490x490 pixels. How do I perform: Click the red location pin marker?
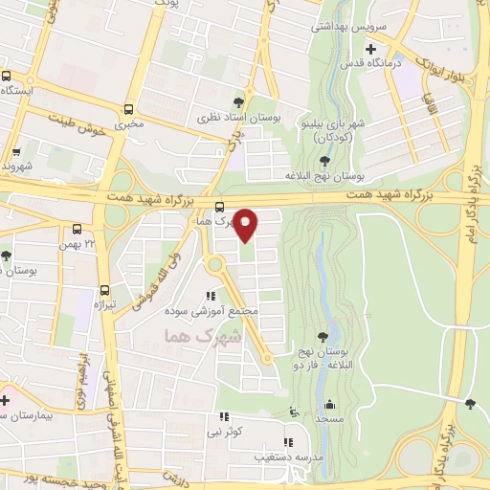[x=246, y=225]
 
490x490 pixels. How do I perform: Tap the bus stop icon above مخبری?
[x=128, y=108]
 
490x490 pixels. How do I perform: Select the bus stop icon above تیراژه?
[x=104, y=290]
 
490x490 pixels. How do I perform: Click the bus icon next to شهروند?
[x=15, y=152]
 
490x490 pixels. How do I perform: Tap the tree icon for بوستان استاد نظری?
[x=238, y=101]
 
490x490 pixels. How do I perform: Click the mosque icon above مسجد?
[x=330, y=404]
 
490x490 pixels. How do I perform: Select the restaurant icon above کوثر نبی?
[x=224, y=417]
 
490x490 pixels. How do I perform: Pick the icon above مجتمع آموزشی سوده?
[x=210, y=297]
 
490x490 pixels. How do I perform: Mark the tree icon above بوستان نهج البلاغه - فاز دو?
[x=323, y=335]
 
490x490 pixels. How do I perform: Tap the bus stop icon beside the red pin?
[x=220, y=207]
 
